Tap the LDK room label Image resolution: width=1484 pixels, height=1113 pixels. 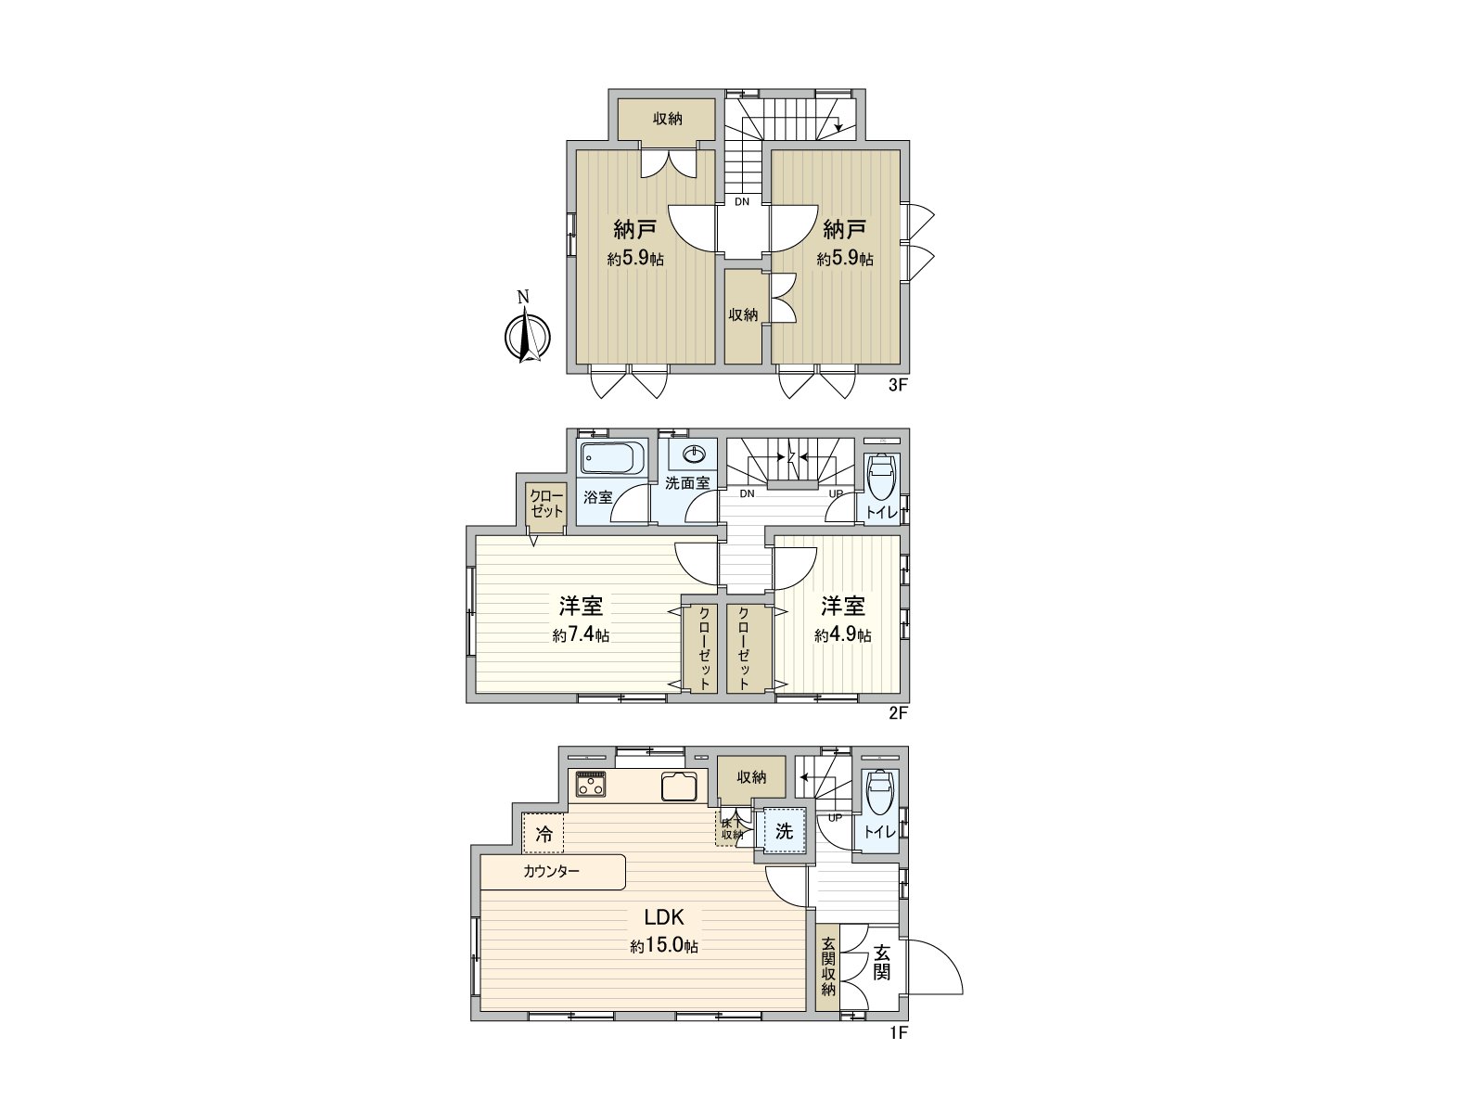coord(664,917)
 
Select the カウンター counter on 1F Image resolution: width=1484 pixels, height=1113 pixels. coord(553,871)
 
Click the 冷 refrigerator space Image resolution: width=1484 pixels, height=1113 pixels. coord(544,833)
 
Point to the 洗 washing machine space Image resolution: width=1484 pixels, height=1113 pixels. coord(784,831)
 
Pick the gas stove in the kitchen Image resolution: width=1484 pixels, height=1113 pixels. coord(591,785)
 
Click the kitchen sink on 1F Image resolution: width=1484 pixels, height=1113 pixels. coord(680,787)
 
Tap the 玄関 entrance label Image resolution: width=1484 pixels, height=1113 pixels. coord(881,962)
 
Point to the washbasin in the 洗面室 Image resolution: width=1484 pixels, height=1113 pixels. coord(693,454)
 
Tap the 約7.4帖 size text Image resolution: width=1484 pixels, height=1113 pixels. coord(581,635)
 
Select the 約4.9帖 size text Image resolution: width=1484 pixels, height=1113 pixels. coord(842,635)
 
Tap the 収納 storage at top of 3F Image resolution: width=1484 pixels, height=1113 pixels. coord(668,119)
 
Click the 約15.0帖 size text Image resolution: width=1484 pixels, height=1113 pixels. coord(664,947)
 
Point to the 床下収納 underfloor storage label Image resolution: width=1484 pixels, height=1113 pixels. coord(732,828)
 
